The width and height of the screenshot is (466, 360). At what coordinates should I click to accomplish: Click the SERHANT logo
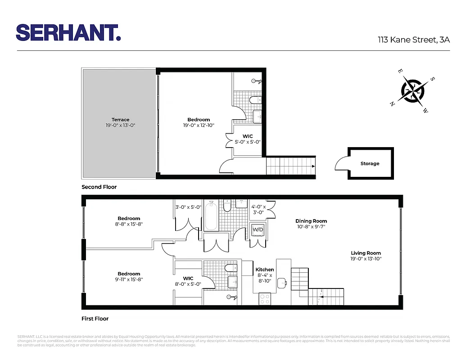(x=68, y=33)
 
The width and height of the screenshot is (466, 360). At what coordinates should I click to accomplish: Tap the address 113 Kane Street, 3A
(x=413, y=40)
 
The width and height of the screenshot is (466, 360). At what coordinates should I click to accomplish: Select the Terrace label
(x=120, y=120)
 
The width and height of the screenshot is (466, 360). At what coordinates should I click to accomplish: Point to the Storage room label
(x=370, y=164)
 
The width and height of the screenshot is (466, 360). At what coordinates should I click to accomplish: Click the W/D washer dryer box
(x=258, y=229)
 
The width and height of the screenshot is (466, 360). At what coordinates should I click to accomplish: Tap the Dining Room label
(x=311, y=221)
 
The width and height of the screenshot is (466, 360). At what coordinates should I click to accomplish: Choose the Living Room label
(x=366, y=253)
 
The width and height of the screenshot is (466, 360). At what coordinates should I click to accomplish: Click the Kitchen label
(x=265, y=270)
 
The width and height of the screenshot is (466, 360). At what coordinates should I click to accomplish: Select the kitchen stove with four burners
(x=264, y=299)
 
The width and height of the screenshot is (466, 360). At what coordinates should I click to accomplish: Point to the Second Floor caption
(x=99, y=187)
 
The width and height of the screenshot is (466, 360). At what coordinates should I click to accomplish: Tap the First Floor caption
(x=95, y=319)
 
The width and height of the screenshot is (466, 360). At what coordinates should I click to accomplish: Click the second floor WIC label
(x=247, y=136)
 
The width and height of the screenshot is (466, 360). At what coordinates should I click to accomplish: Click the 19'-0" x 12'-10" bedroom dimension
(x=199, y=126)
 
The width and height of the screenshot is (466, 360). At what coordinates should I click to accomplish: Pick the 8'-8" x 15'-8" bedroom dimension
(x=129, y=224)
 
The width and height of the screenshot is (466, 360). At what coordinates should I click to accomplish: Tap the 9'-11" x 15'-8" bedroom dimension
(x=129, y=279)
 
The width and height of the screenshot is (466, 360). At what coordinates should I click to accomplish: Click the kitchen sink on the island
(x=282, y=283)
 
